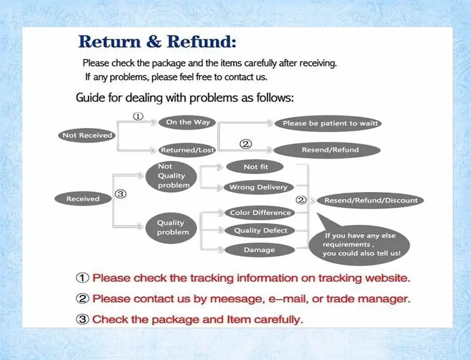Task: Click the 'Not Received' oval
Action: (x=87, y=136)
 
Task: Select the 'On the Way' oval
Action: (x=187, y=123)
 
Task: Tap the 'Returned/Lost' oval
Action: (x=187, y=150)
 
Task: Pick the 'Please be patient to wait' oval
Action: (x=328, y=123)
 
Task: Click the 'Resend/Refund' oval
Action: (x=327, y=150)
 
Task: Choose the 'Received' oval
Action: (x=83, y=199)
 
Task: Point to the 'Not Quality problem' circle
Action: (x=171, y=177)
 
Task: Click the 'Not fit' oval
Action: (x=255, y=167)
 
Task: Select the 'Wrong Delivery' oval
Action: (x=259, y=187)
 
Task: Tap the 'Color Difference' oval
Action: (x=260, y=213)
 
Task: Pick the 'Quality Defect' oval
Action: (x=260, y=231)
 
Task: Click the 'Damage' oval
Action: (x=260, y=250)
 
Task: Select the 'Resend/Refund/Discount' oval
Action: (x=371, y=200)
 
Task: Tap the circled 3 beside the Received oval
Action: (x=121, y=194)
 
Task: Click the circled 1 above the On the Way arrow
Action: (x=138, y=116)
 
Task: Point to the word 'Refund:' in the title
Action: (x=201, y=41)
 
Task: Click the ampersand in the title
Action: (x=154, y=42)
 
